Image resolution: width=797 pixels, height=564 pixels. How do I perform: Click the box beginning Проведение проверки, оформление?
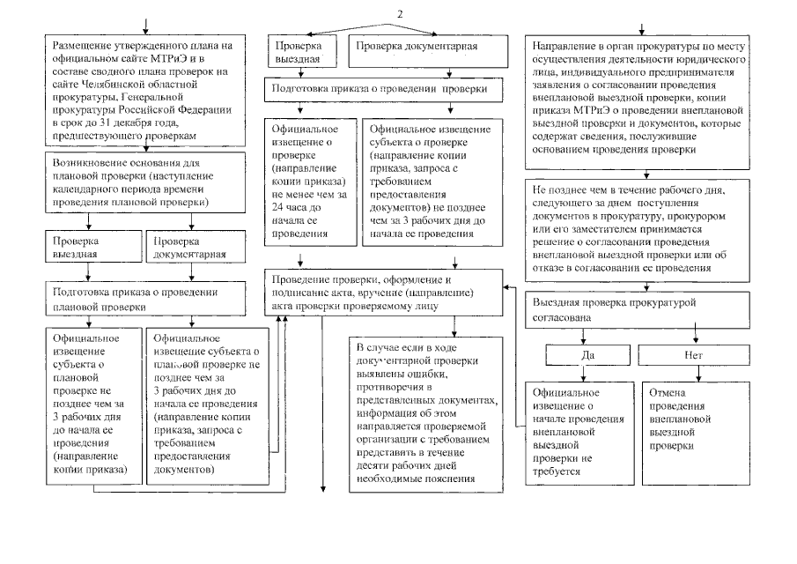pyautogui.click(x=384, y=286)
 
